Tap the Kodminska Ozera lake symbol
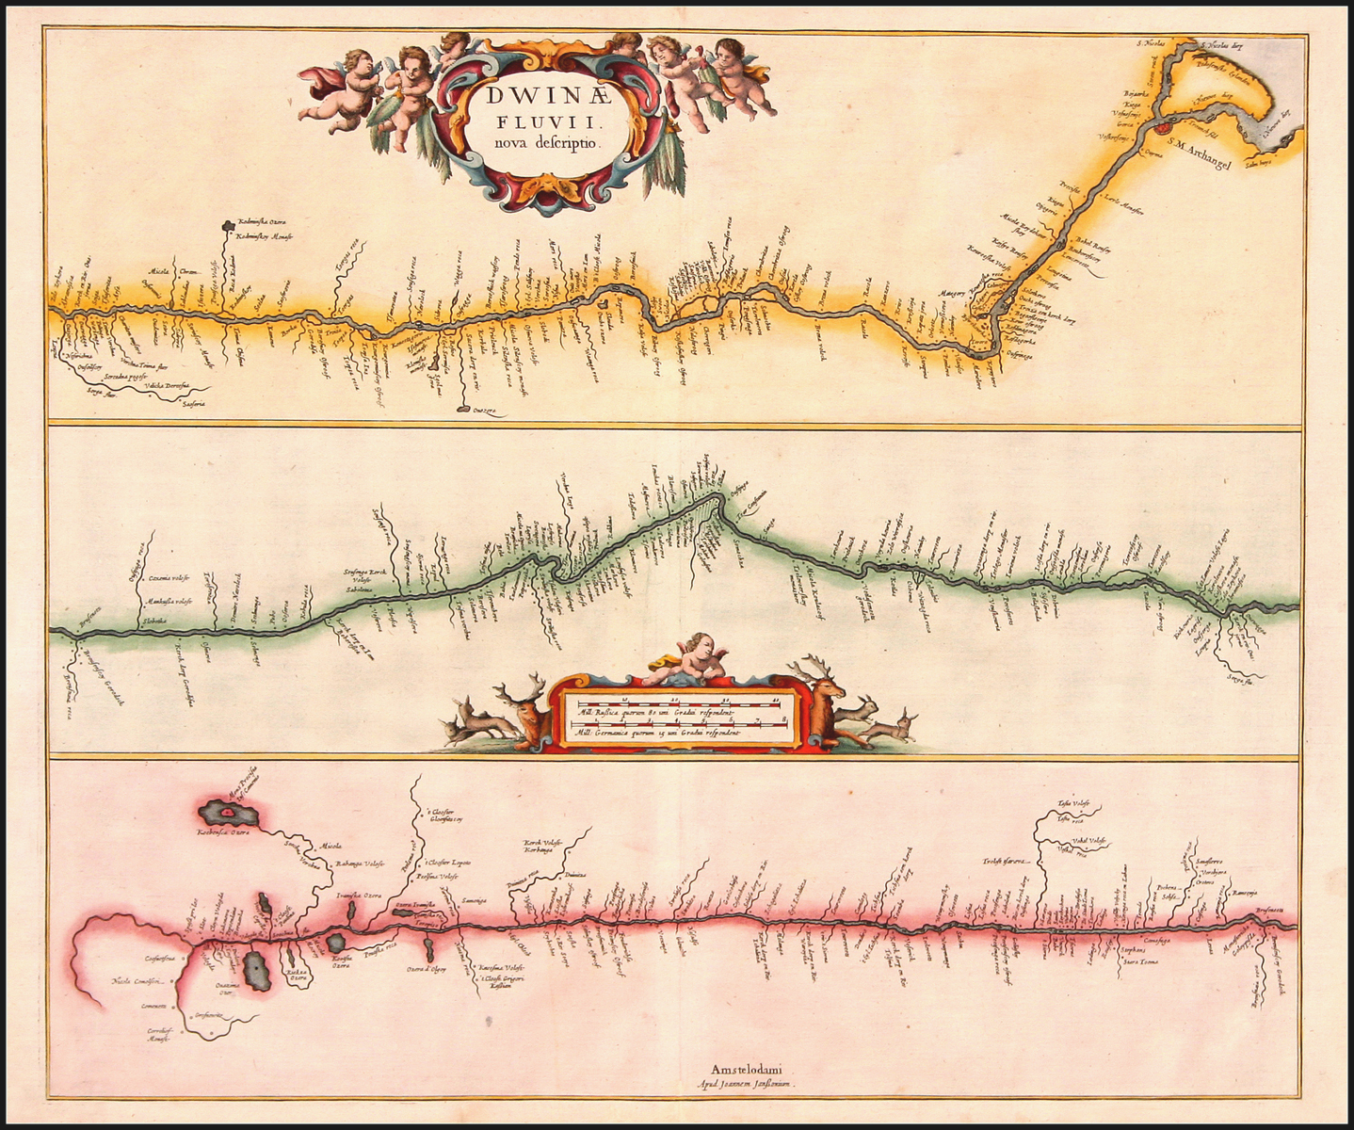tap(227, 225)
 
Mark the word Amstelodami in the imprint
tap(748, 1069)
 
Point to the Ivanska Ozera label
tap(359, 896)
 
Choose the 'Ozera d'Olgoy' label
tap(426, 970)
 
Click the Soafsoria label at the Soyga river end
tap(194, 405)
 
